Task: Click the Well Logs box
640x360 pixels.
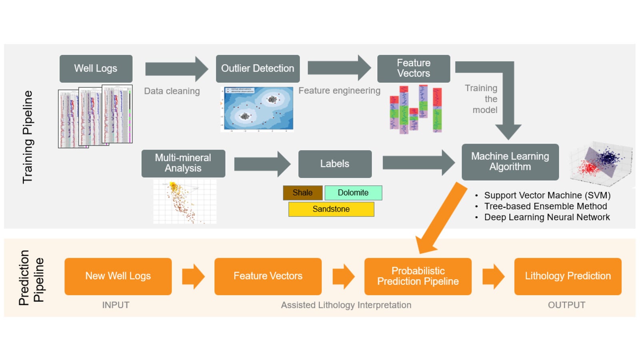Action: [x=96, y=68]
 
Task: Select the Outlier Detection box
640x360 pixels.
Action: [x=258, y=68]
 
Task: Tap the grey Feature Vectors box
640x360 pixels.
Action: [x=414, y=68]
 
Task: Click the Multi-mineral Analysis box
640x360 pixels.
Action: [x=183, y=163]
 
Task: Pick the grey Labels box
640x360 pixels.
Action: [x=335, y=164]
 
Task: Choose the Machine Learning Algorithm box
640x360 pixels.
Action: [x=510, y=162]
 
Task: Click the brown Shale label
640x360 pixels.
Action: [x=302, y=193]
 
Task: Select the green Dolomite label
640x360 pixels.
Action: [x=353, y=193]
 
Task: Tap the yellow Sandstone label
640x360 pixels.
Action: [x=331, y=209]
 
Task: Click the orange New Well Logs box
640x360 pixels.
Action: [x=118, y=276]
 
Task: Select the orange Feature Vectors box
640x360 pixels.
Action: [x=268, y=276]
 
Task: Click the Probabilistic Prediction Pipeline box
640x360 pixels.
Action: [x=418, y=276]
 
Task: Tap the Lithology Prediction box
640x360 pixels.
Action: [x=568, y=276]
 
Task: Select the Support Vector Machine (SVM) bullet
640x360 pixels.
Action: [x=547, y=195]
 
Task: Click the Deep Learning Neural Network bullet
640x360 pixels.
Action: [x=547, y=217]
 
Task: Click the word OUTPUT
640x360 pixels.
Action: [x=566, y=305]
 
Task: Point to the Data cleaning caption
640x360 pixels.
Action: [x=172, y=91]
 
